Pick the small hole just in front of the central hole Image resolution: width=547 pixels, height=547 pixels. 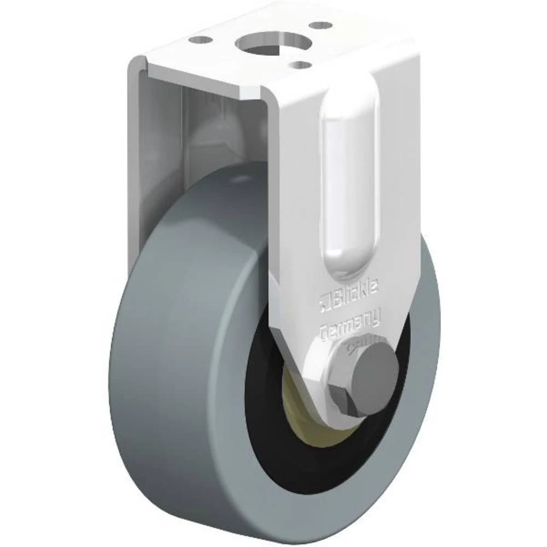300,65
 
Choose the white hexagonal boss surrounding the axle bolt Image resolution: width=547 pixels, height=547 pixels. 328,372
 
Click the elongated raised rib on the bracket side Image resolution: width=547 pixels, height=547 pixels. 350,181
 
